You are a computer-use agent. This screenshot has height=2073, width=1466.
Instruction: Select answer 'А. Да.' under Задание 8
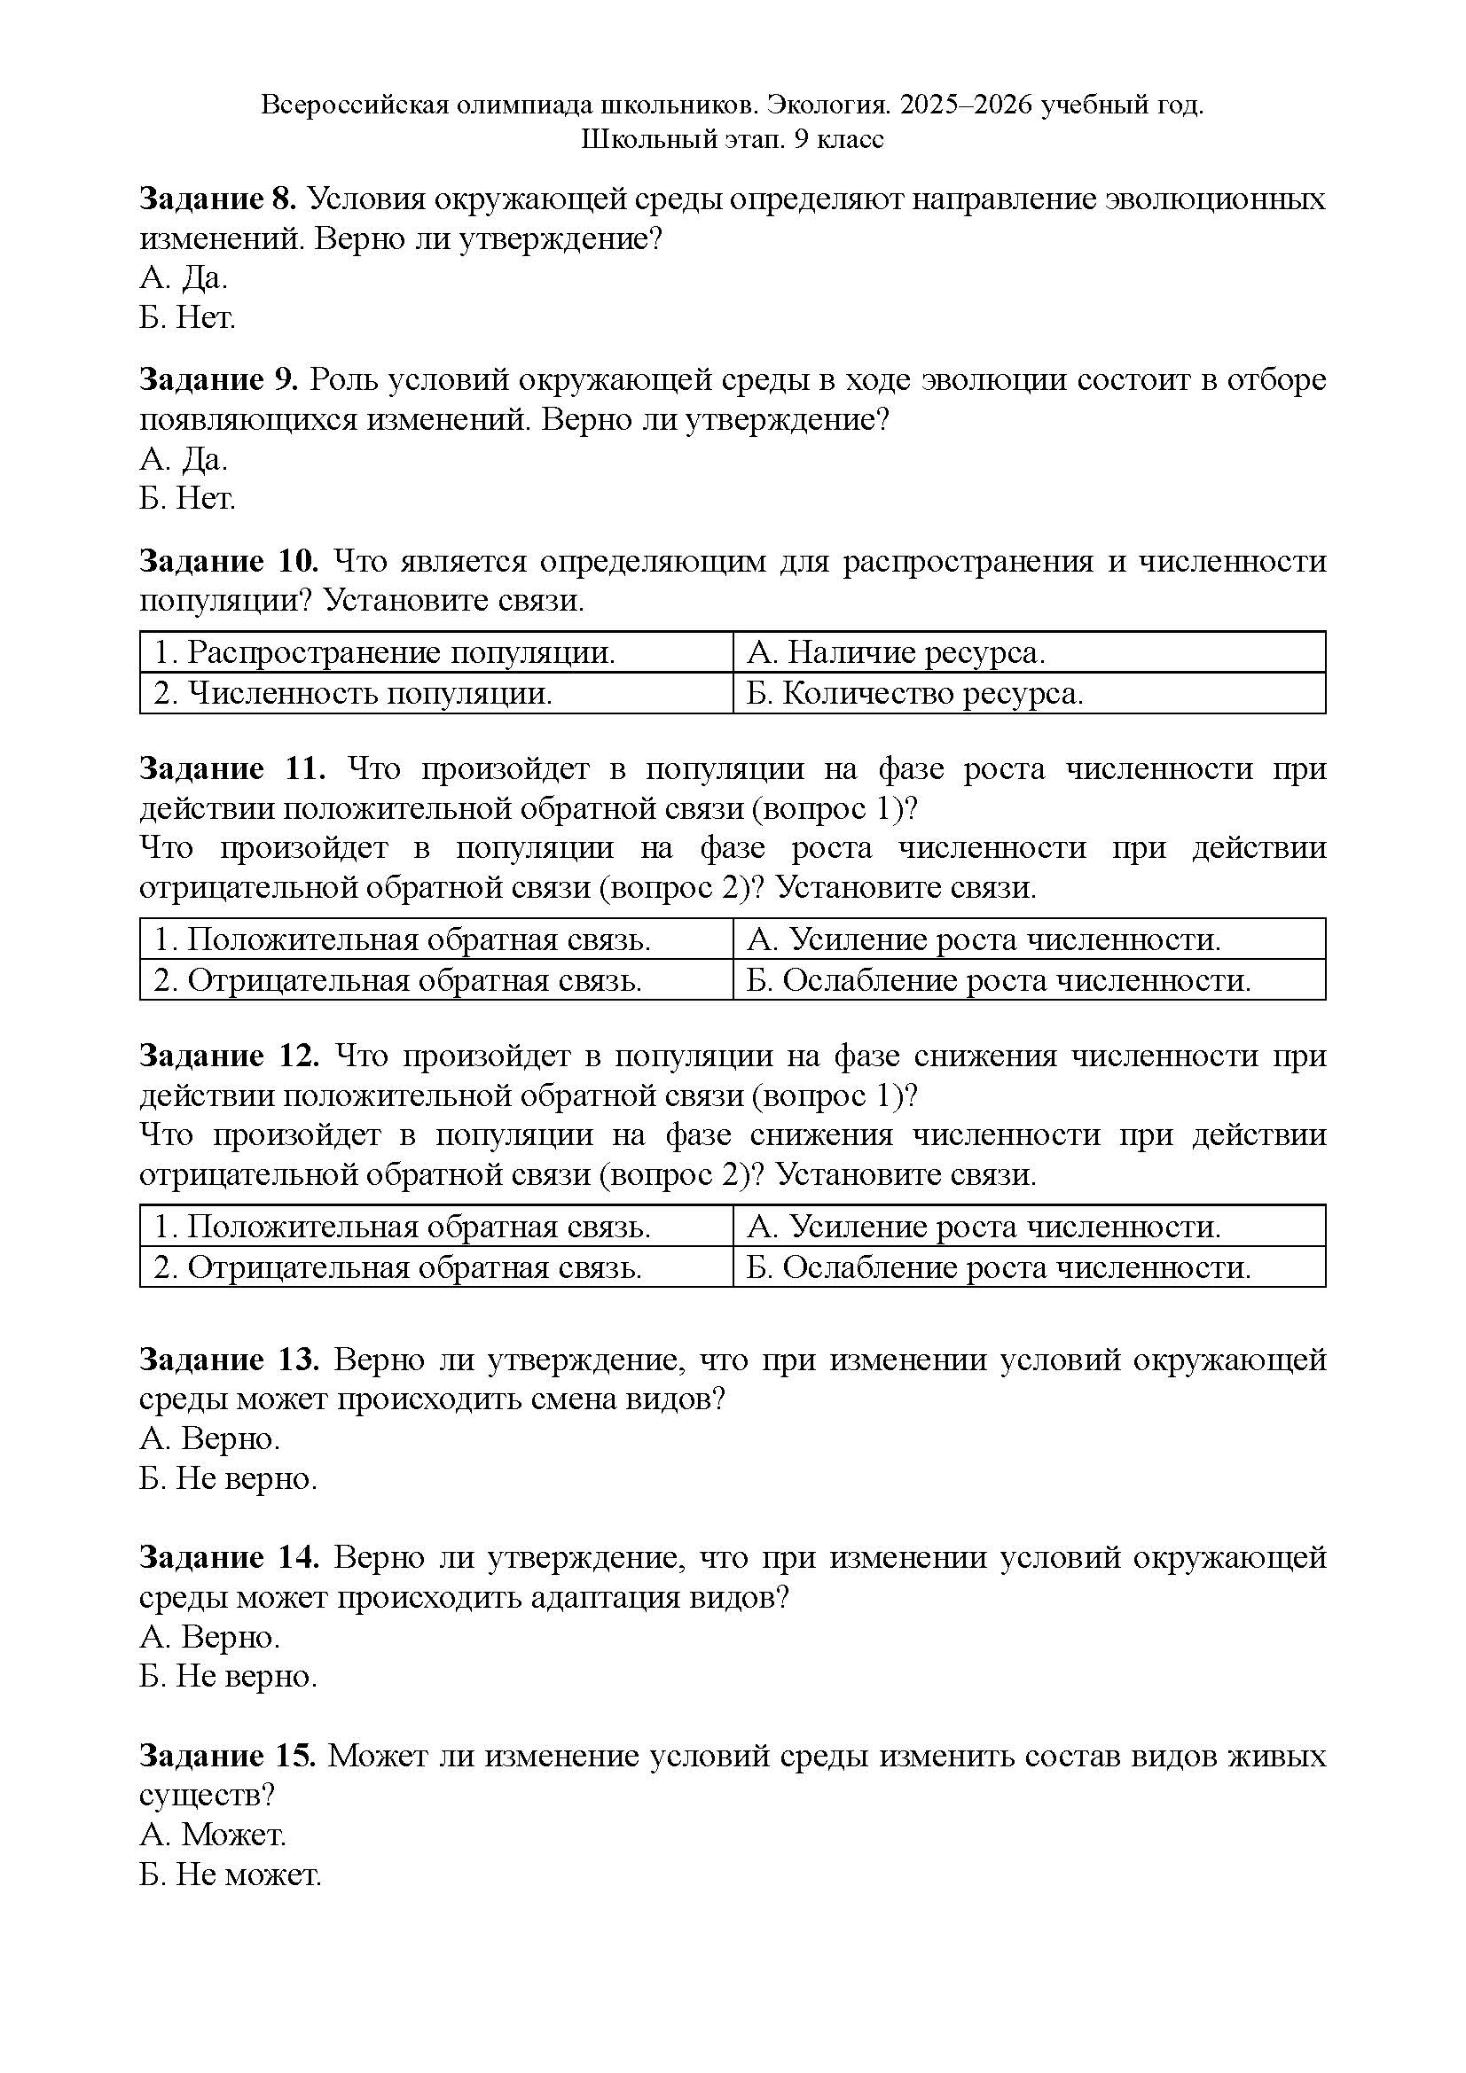pos(184,278)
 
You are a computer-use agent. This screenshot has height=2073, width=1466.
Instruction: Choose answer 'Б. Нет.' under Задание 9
pos(187,498)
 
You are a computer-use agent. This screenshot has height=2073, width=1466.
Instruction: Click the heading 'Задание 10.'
pos(229,562)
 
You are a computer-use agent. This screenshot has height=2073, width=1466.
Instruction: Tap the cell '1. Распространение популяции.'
pos(385,652)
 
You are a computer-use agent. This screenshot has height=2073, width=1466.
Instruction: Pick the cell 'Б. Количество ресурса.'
pos(914,693)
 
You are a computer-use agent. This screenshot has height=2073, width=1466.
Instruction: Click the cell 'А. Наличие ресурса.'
pos(896,652)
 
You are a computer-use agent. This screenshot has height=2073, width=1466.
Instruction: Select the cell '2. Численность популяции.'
pos(353,693)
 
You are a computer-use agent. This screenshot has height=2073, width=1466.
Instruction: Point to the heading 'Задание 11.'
pos(232,768)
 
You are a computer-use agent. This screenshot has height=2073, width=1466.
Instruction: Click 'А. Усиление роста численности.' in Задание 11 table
pos(984,939)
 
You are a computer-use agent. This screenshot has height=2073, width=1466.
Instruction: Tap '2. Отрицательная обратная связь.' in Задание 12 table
pos(397,1267)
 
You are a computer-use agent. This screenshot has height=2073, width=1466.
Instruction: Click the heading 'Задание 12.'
pos(229,1056)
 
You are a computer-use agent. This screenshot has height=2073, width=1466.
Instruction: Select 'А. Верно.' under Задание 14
pos(209,1636)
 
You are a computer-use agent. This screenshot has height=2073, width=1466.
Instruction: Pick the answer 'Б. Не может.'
pos(231,1874)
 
